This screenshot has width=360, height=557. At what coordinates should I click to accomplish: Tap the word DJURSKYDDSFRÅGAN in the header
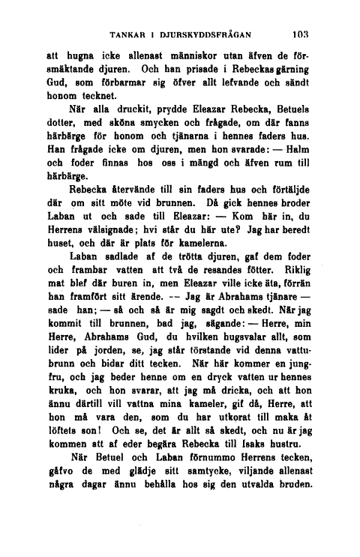pos(205,34)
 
